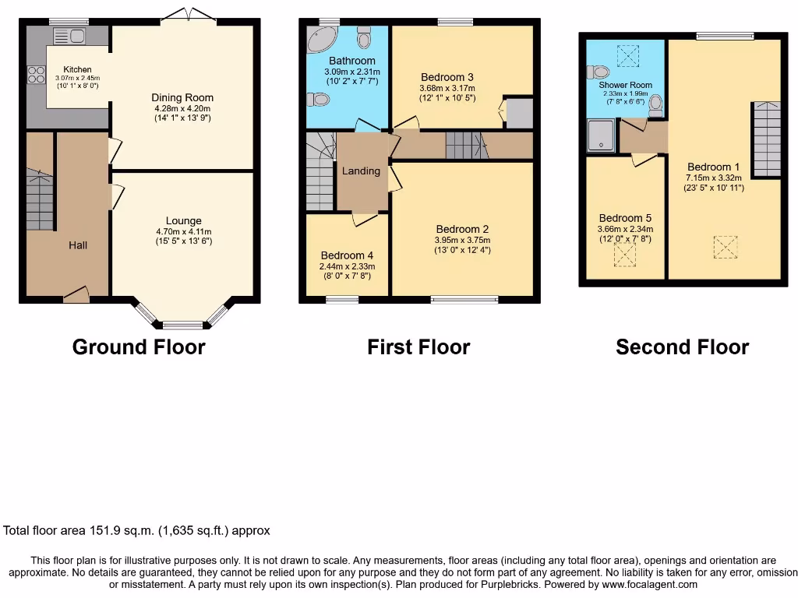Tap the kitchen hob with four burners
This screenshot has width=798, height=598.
[36, 75]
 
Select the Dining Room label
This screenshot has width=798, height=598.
[182, 97]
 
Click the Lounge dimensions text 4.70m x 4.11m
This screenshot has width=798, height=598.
[183, 231]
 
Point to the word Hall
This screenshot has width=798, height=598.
[78, 245]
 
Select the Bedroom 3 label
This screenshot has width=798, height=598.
[447, 77]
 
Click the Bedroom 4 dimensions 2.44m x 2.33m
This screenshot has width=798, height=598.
[347, 266]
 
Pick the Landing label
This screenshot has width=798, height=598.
[361, 171]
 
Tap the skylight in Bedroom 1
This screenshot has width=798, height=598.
[725, 248]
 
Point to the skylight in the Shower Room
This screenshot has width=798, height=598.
[627, 56]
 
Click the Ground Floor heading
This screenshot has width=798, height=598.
[139, 346]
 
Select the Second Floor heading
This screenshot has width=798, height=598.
[682, 346]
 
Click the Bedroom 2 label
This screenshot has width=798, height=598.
[462, 229]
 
